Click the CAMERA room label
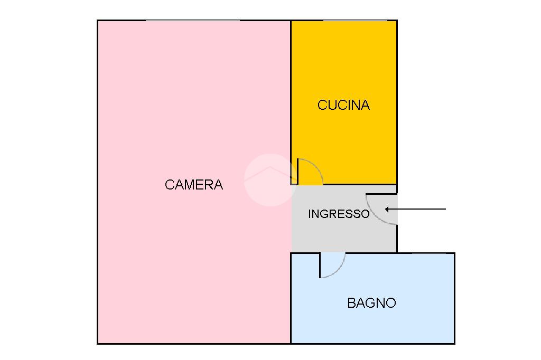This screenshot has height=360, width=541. [x=194, y=185]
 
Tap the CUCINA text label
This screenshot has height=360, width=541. [x=343, y=105]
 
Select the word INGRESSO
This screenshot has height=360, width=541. [x=339, y=214]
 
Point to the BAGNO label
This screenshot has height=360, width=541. [x=371, y=303]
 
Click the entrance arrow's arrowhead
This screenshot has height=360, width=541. [x=387, y=209]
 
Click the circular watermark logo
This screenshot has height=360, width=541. [x=270, y=179]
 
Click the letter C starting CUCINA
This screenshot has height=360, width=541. [x=322, y=105]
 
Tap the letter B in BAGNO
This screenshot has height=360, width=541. [x=351, y=303]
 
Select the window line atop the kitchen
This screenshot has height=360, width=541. [x=355, y=21]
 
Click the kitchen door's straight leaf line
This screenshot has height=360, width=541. [x=298, y=172]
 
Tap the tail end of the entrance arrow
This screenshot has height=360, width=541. [x=446, y=209]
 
